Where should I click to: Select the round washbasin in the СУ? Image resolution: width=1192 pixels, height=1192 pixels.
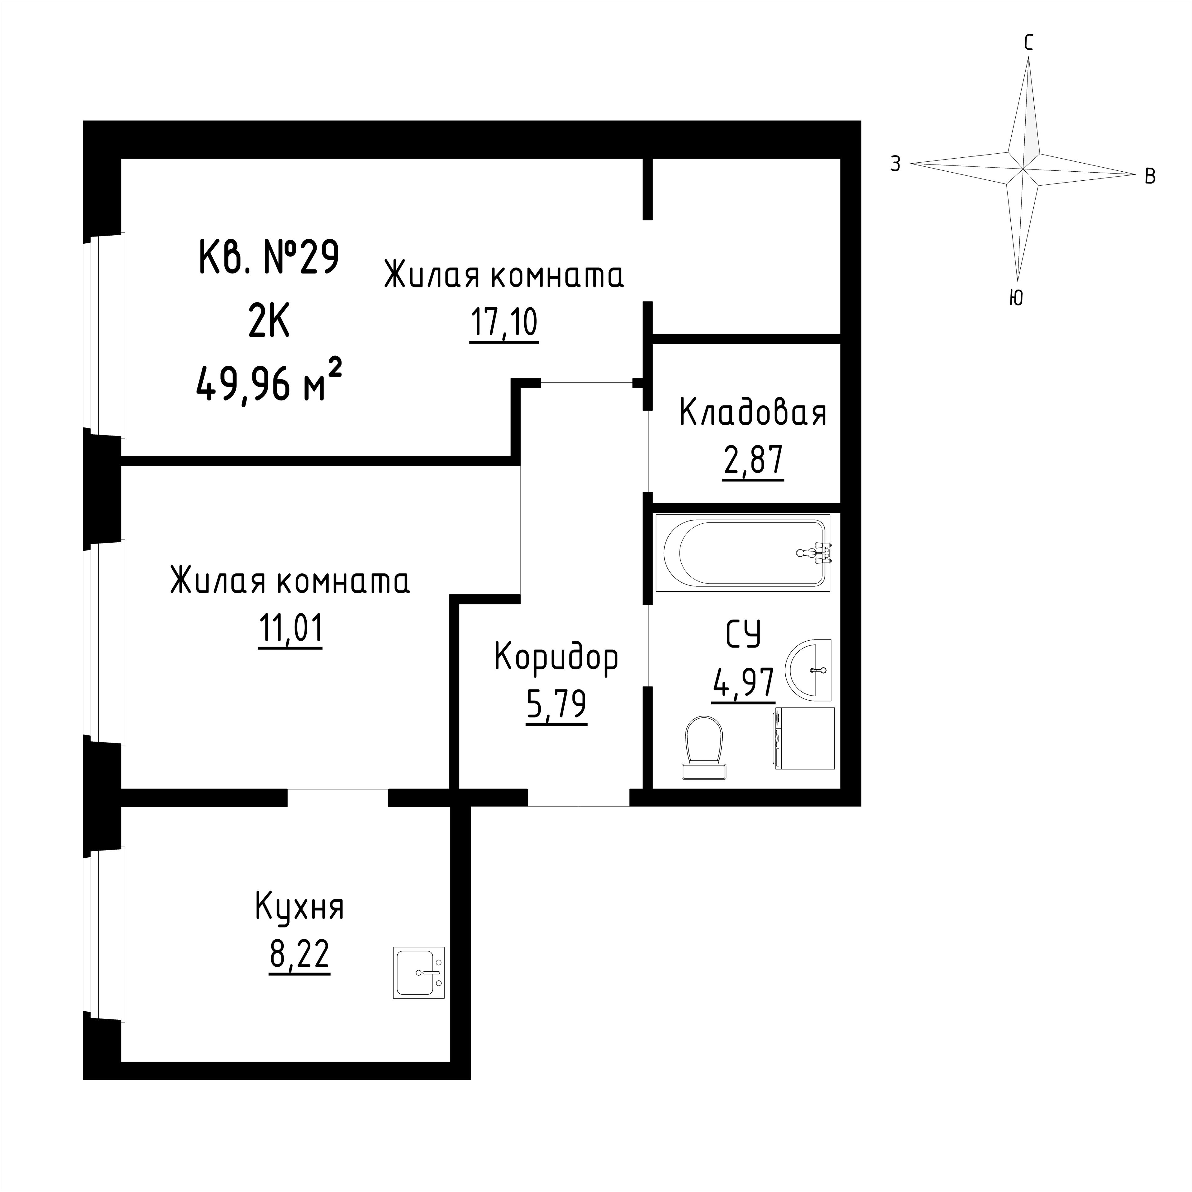click(808, 670)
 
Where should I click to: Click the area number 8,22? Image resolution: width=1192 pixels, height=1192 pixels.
click(299, 955)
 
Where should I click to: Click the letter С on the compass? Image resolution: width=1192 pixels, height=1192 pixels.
click(1028, 43)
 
